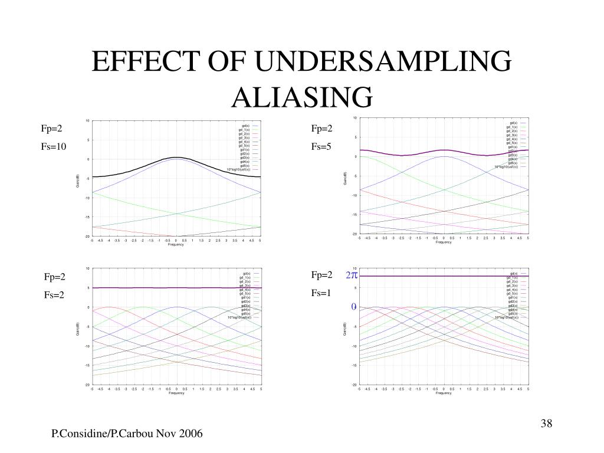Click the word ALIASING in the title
[302, 97]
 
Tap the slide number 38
[547, 424]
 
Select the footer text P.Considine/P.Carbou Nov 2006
[127, 434]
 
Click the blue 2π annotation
[352, 275]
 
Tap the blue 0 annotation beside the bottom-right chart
[354, 307]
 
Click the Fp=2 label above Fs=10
[51, 129]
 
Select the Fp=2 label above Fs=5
[322, 129]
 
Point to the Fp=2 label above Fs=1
[322, 275]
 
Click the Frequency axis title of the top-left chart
[176, 245]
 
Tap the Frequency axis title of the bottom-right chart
[444, 393]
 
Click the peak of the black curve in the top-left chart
[176, 157]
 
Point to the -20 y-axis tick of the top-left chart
[87, 236]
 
